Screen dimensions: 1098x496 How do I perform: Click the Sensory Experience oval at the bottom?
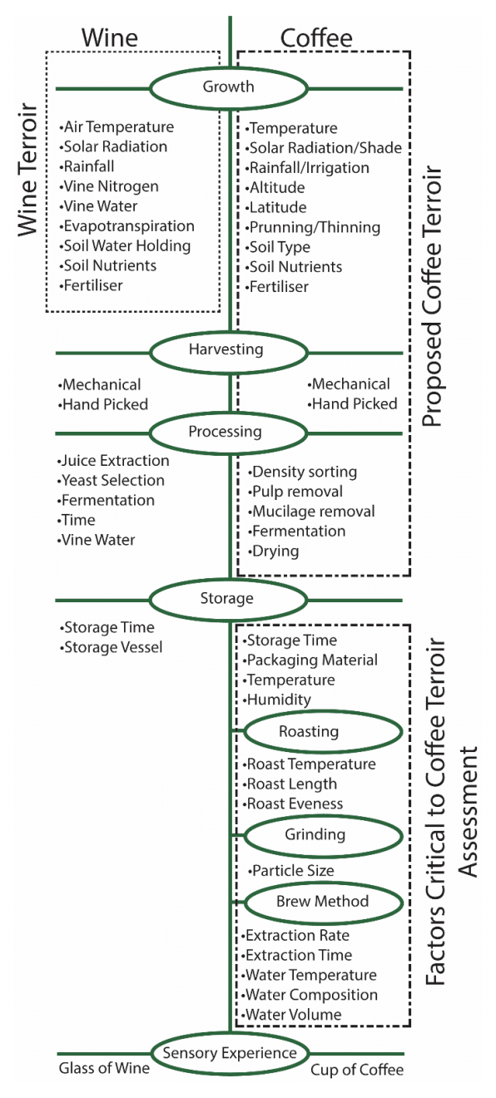point(230,1054)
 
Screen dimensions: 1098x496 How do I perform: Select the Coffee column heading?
point(315,38)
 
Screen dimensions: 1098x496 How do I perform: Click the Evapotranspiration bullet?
point(126,226)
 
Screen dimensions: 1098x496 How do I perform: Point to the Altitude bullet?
point(275,188)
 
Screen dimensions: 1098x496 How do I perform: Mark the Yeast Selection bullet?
point(112,480)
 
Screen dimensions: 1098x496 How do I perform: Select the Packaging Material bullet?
point(311,660)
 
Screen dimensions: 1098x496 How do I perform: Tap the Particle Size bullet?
point(291,870)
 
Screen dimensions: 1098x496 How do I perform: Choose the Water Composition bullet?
point(310,995)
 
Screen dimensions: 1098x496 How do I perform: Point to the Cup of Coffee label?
point(357,1071)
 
